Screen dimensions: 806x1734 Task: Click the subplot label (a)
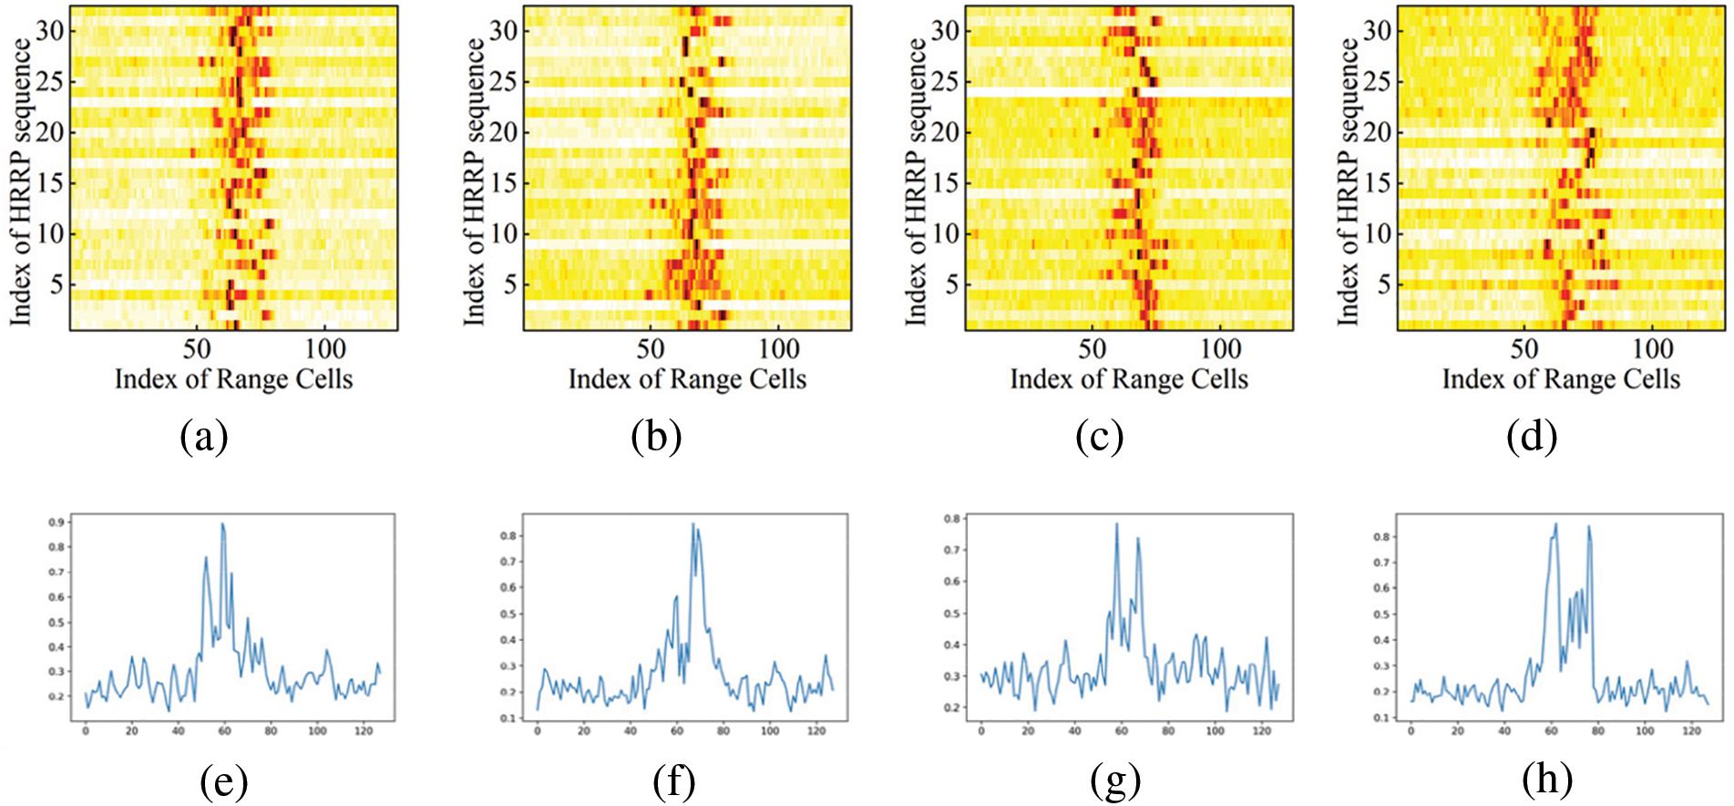tap(204, 438)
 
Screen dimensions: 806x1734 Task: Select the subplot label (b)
tap(656, 438)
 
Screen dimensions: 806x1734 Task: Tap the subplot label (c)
tap(1099, 438)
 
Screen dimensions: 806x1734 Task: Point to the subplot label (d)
tap(1532, 438)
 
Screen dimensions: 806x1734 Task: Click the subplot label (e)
tap(223, 781)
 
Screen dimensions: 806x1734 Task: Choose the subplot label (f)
tap(674, 781)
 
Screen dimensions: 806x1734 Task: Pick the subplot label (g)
tap(1115, 781)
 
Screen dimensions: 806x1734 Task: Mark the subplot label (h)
tap(1547, 781)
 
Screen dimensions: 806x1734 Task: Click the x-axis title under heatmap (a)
tap(233, 379)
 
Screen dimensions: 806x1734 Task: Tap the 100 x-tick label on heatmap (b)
tap(779, 349)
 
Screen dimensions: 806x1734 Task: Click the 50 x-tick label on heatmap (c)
tap(1093, 349)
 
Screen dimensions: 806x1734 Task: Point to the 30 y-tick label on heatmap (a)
tap(51, 31)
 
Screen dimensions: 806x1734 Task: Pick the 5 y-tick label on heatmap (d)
tap(1384, 284)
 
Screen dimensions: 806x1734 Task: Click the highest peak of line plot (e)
tap(222, 524)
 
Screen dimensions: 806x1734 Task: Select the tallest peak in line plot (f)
tap(693, 524)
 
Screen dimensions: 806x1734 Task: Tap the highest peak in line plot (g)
tap(1116, 524)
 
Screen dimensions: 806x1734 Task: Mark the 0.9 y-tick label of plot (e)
tap(56, 522)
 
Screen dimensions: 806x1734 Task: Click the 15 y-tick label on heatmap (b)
tap(504, 182)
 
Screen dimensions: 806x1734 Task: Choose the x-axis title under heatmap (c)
tap(1129, 379)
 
